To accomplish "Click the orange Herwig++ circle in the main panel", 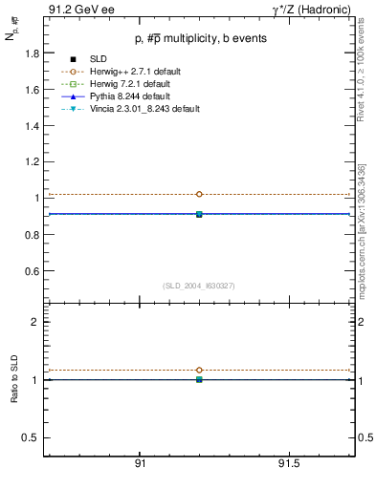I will (199, 194).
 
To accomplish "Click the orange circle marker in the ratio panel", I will (199, 370).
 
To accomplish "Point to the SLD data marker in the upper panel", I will (199, 214).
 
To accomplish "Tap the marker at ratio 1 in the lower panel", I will (199, 379).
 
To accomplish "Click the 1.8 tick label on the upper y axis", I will (31, 53).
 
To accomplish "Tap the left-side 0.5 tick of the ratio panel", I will (31, 437).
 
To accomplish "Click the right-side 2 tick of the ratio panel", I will (360, 322).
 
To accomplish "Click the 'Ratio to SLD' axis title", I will (14, 380).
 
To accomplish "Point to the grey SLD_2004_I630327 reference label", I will (198, 286).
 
